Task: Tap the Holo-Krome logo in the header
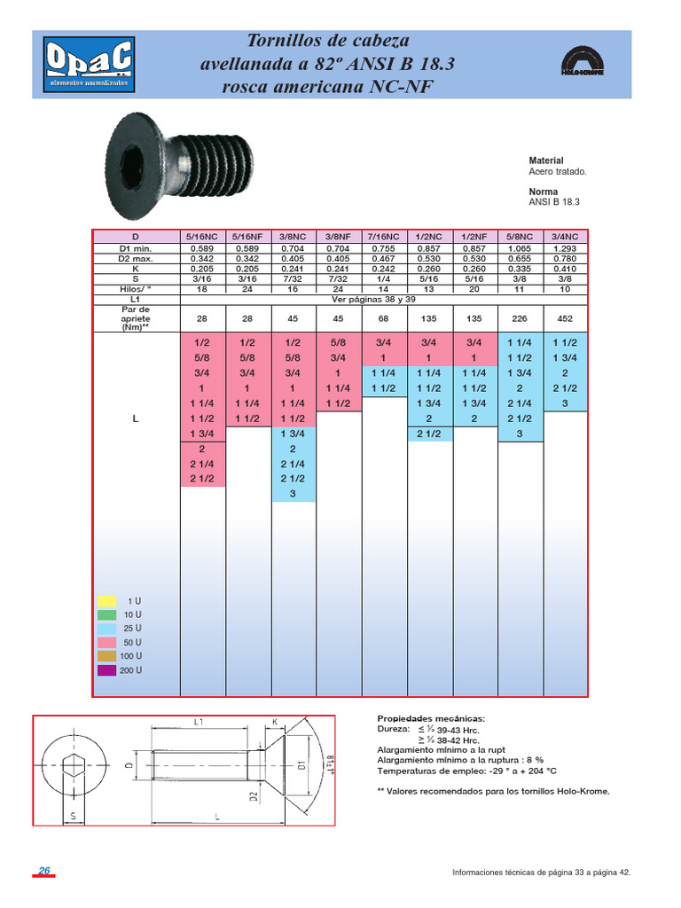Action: pos(581,63)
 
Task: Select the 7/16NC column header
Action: pos(383,237)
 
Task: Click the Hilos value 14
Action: pos(383,289)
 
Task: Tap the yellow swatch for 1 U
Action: pos(106,600)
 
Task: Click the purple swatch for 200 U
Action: pos(106,670)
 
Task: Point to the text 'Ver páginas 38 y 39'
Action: pos(383,299)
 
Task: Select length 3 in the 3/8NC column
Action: pos(293,494)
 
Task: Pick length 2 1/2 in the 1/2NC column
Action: pos(428,434)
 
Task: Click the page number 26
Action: pos(43,871)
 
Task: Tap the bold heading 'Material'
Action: pos(545,160)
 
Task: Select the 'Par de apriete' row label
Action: pos(136,317)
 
